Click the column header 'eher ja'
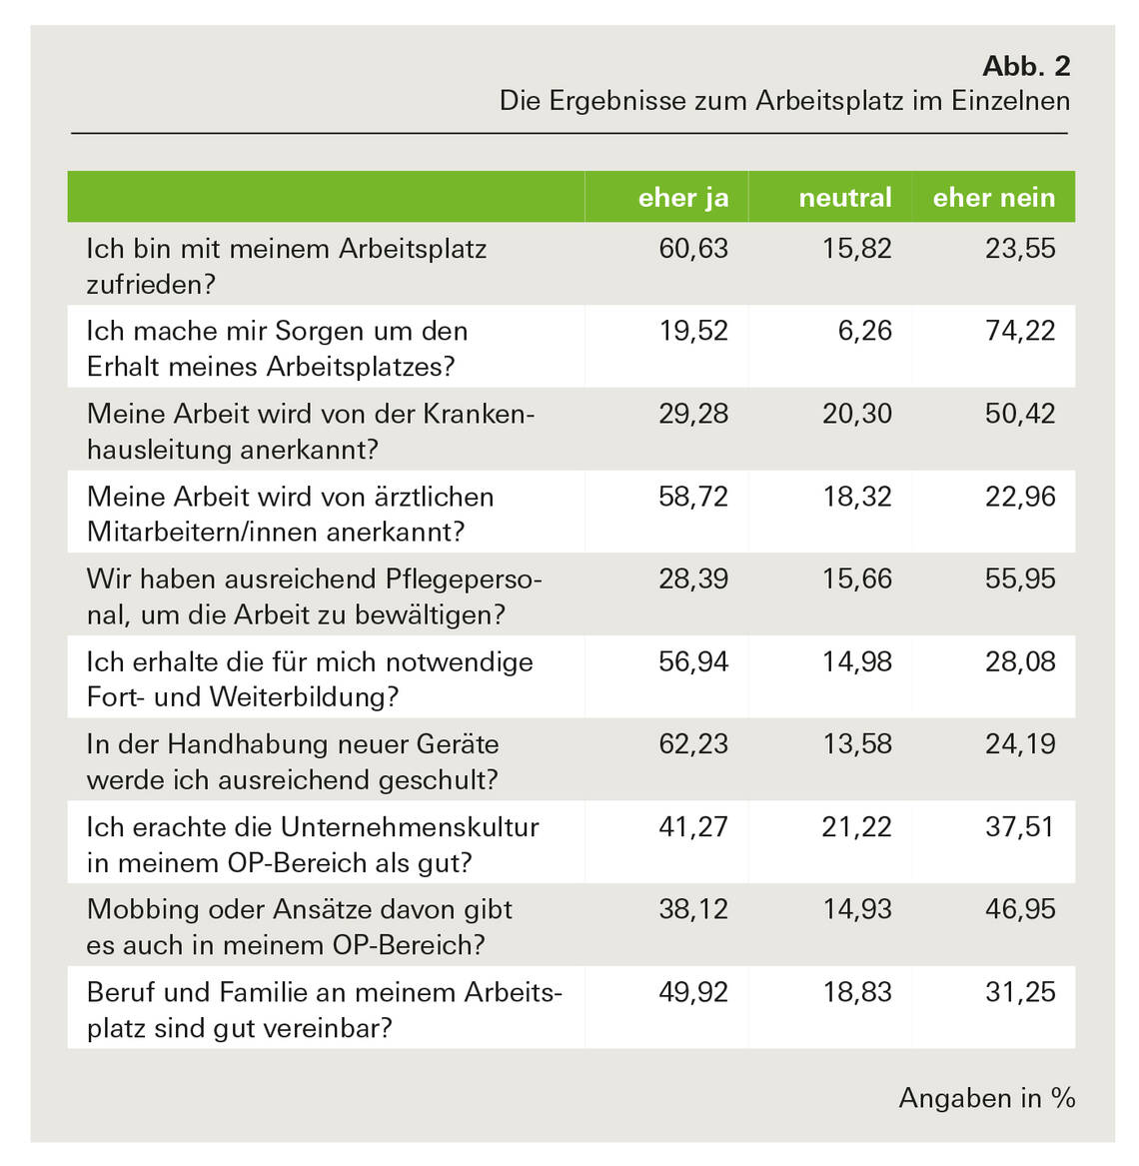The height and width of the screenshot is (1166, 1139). pyautogui.click(x=683, y=198)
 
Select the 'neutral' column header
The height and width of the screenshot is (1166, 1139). pyautogui.click(x=844, y=198)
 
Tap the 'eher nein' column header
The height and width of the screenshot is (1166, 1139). pyautogui.click(x=993, y=198)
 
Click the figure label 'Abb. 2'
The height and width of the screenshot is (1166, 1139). pyautogui.click(x=1026, y=66)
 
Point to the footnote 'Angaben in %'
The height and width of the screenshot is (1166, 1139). pyautogui.click(x=986, y=1098)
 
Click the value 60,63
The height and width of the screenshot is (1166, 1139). pyautogui.click(x=693, y=249)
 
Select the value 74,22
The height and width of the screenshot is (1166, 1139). pyautogui.click(x=1020, y=331)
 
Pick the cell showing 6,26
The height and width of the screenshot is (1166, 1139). pyautogui.click(x=865, y=331)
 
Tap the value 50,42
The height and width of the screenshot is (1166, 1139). pyautogui.click(x=1020, y=414)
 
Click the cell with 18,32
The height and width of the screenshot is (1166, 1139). pyautogui.click(x=857, y=497)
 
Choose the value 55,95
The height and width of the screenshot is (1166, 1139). pyautogui.click(x=1020, y=579)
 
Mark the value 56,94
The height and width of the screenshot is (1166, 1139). pyautogui.click(x=693, y=661)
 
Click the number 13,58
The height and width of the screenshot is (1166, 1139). pyautogui.click(x=857, y=744)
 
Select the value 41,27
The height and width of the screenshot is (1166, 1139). pyautogui.click(x=693, y=827)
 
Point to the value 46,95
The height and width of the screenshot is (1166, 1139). pyautogui.click(x=1020, y=909)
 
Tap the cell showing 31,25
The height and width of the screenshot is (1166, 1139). pyautogui.click(x=1020, y=992)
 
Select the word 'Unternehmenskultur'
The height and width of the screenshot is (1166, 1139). pyautogui.click(x=410, y=827)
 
